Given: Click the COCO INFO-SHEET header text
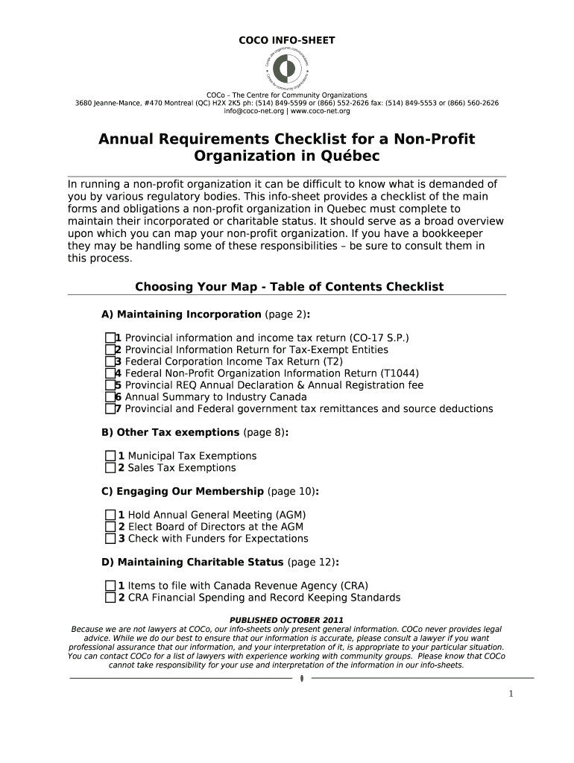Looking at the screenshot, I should (286, 40).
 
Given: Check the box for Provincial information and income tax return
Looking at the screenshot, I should (110, 338).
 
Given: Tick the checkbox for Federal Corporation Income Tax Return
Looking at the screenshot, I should (110, 361).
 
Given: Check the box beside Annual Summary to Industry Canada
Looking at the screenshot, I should (110, 397).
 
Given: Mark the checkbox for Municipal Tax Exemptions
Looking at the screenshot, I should (110, 456).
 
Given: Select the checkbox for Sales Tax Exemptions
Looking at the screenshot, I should (110, 468).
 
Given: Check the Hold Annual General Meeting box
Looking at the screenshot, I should (110, 515).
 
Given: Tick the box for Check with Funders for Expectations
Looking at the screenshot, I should (110, 539).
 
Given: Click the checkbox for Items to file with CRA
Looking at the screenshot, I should (110, 586).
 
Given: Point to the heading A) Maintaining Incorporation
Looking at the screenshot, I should (181, 314).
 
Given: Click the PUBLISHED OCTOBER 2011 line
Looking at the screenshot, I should (286, 620).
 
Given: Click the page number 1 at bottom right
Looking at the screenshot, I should (511, 694).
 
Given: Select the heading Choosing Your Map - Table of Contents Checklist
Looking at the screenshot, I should (288, 287).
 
